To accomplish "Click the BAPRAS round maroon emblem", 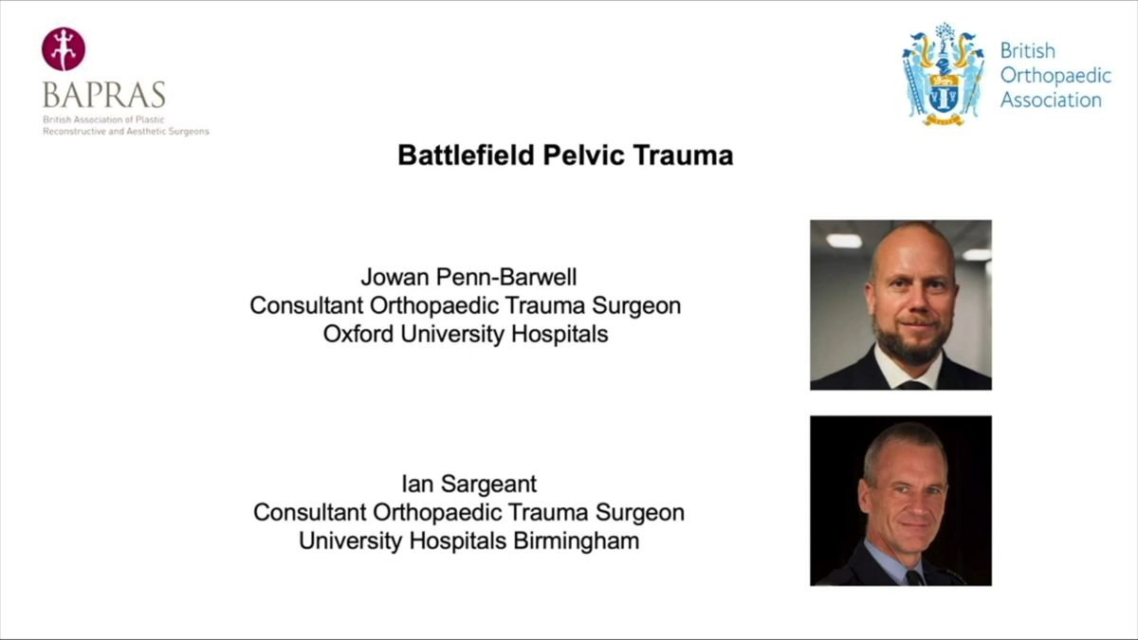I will [x=64, y=48].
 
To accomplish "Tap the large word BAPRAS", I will [x=103, y=95].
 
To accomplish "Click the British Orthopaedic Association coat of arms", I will [x=943, y=75].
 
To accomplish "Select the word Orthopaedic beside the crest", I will [x=1056, y=75].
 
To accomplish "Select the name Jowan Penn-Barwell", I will [x=468, y=278].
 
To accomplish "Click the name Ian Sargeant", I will [x=468, y=485].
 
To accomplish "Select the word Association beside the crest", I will [x=1051, y=100].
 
